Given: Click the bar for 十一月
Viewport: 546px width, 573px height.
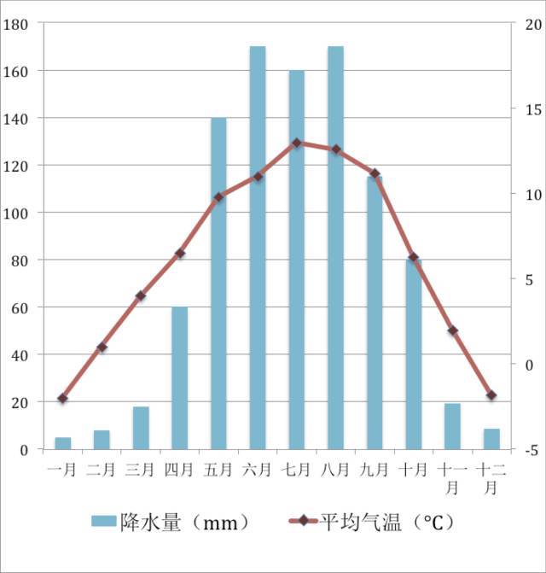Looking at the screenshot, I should click(x=452, y=426).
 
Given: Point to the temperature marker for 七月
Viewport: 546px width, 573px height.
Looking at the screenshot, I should click(x=297, y=143).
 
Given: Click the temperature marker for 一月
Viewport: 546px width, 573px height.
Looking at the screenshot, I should click(x=63, y=399).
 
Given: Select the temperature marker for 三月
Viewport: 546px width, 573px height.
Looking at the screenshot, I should click(x=141, y=296).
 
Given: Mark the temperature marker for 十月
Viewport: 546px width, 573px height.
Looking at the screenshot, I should click(x=414, y=257).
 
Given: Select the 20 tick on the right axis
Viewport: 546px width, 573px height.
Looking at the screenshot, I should click(x=530, y=24).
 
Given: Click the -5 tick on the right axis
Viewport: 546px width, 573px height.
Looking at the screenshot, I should click(x=530, y=450).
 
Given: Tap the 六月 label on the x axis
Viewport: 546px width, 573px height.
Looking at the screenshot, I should click(x=257, y=469).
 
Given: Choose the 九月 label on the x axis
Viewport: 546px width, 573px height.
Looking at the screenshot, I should click(x=374, y=469).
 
